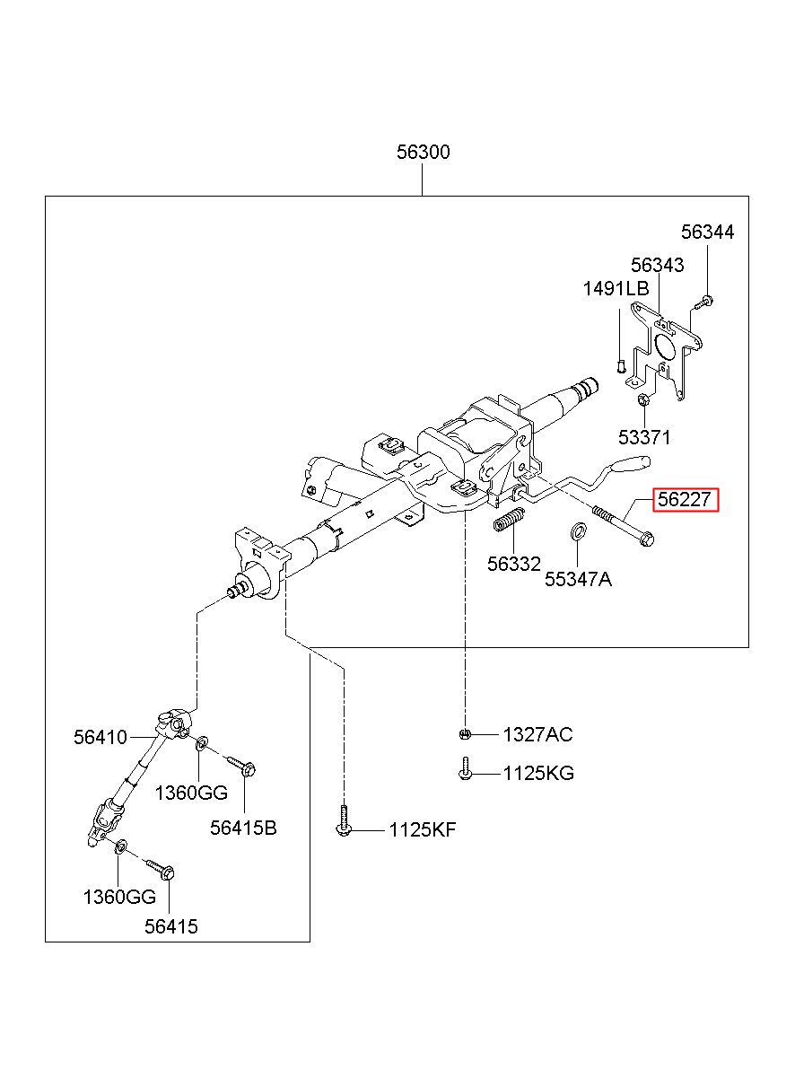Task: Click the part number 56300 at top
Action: coord(423,153)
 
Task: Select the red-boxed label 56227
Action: coord(685,499)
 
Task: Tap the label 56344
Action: coord(707,232)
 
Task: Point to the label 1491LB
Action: coord(616,289)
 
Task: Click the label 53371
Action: coord(644,437)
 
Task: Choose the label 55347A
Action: coord(578,579)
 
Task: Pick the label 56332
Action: coord(513,564)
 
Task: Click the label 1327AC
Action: coord(537,735)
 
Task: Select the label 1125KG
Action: coord(538,773)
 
